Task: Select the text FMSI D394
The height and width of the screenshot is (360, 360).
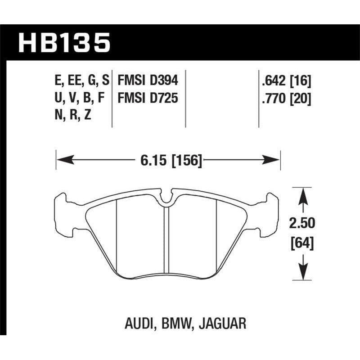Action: click(x=148, y=81)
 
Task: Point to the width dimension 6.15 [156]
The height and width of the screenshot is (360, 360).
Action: click(x=167, y=160)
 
